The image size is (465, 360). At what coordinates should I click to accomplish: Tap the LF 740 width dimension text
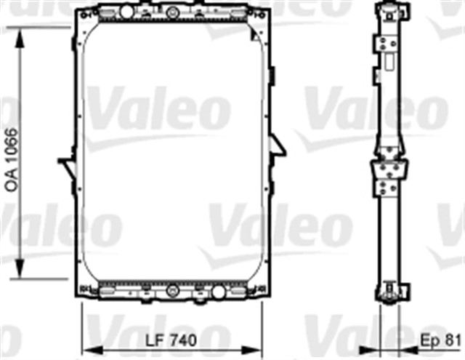[172, 340]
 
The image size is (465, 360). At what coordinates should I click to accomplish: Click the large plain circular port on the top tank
[126, 14]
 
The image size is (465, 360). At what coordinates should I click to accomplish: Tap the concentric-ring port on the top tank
[171, 14]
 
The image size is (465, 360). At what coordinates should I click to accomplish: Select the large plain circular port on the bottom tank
[217, 292]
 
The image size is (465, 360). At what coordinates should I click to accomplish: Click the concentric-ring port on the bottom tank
[172, 291]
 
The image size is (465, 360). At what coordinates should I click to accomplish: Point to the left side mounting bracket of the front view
[67, 167]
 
